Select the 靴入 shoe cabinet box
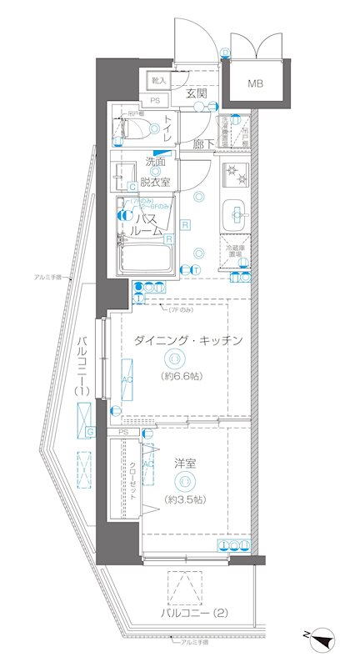click(x=158, y=80)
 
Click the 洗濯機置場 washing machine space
click(x=236, y=130)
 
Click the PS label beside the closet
click(x=123, y=433)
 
